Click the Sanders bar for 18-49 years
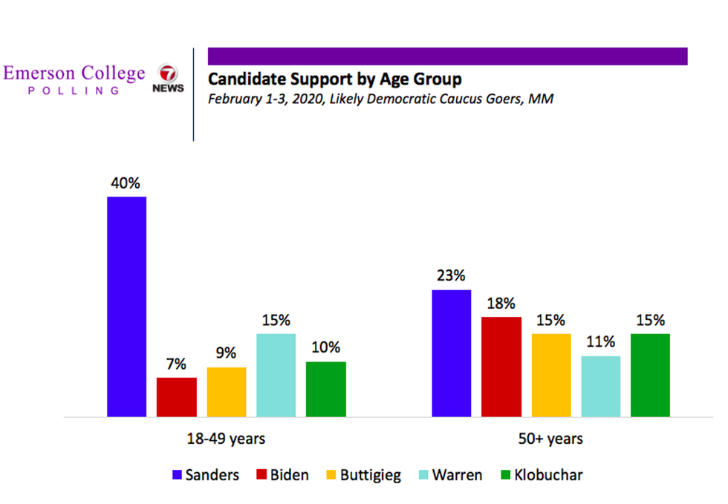127,306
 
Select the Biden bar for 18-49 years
177,396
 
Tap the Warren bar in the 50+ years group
600,386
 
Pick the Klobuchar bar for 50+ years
650,375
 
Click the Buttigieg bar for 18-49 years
227,391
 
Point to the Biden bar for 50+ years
501,366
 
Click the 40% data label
126,183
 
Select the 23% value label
451,275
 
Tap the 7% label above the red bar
177,364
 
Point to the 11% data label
600,342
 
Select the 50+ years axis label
550,439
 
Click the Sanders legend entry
206,475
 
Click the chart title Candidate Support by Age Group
334,79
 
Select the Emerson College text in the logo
74,73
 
